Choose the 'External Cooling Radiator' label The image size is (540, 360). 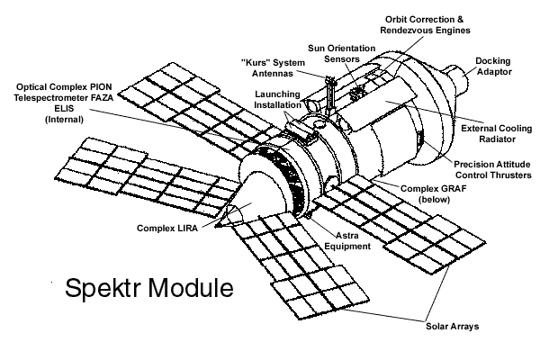pyautogui.click(x=494, y=134)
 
